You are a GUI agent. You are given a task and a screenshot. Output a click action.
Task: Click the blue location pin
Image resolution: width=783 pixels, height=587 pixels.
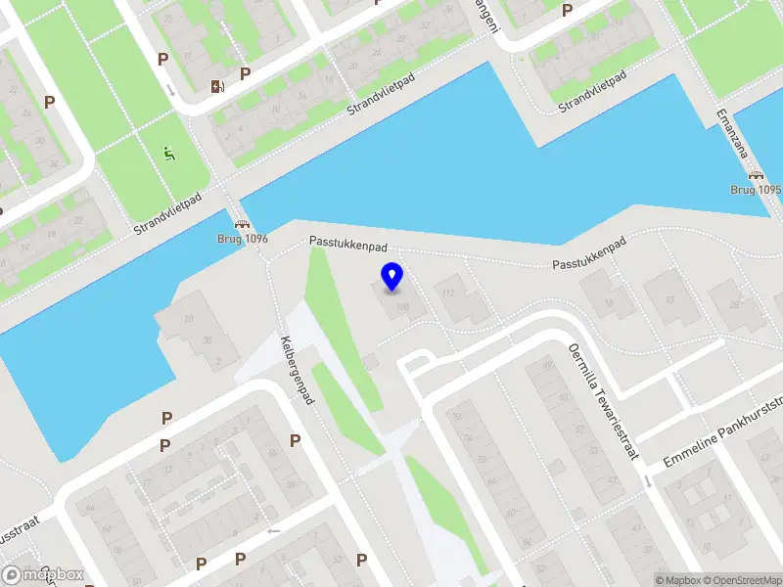(391, 277)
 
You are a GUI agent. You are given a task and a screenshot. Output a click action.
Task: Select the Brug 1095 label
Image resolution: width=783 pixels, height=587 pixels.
(756, 189)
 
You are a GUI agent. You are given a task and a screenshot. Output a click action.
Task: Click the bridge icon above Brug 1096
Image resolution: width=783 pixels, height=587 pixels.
(241, 224)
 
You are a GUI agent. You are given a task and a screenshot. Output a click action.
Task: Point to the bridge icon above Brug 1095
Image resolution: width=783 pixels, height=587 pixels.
(756, 175)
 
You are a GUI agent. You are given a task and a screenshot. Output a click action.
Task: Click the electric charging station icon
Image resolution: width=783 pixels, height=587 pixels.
(217, 86)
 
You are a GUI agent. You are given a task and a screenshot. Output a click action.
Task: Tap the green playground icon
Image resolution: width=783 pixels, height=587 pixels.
(169, 154)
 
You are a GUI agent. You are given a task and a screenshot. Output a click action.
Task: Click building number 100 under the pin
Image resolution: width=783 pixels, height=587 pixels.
(402, 307)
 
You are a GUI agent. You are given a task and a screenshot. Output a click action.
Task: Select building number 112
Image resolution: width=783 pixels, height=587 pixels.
(449, 293)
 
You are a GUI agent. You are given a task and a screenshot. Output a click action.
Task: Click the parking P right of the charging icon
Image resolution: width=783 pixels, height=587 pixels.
(245, 72)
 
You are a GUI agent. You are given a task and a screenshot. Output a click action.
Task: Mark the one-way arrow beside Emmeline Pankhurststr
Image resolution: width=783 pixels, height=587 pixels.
(648, 481)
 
